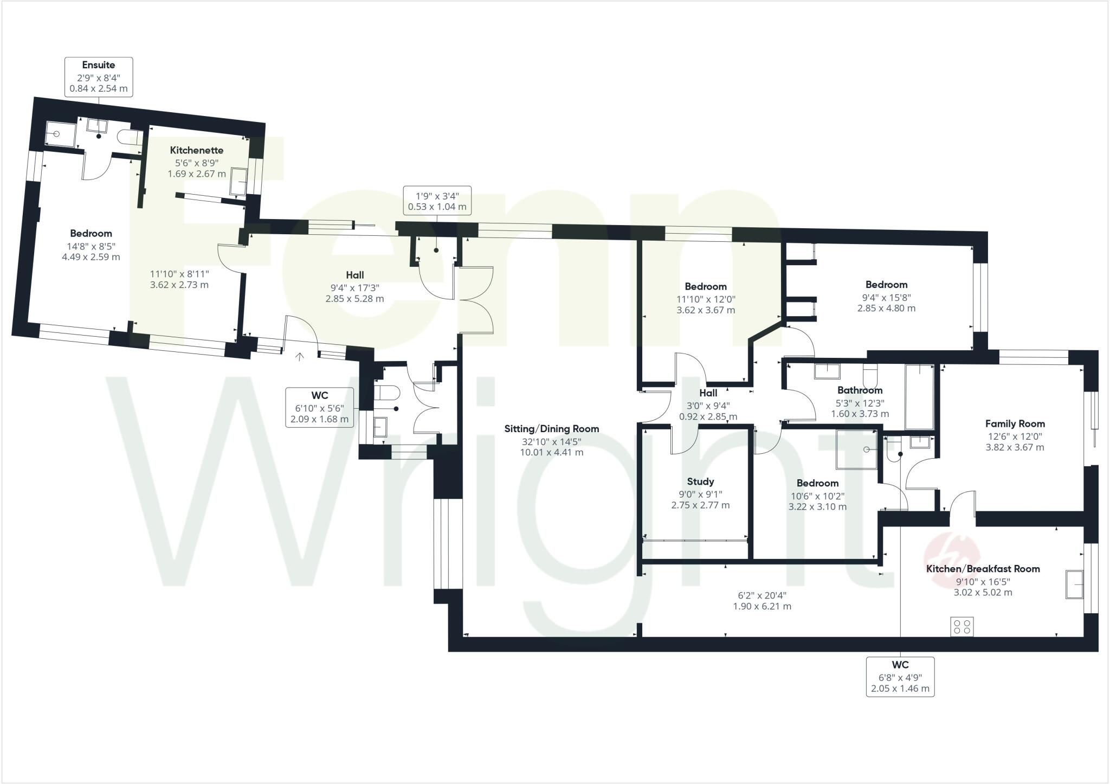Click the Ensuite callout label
point(99,77)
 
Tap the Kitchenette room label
point(196,150)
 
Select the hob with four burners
point(962,627)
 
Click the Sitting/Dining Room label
point(551,429)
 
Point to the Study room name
point(700,481)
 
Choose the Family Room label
point(1015,424)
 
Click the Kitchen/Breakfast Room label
point(983,569)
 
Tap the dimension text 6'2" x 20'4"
point(761,595)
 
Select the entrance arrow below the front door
point(300,356)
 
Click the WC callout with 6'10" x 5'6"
point(319,407)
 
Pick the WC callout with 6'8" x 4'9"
point(900,677)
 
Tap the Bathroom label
point(860,390)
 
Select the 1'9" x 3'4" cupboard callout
point(437,201)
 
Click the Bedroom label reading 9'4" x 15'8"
point(886,285)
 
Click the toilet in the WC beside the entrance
point(387,392)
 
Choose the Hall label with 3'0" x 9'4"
point(708,394)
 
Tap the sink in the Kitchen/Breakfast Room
point(1074,584)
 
